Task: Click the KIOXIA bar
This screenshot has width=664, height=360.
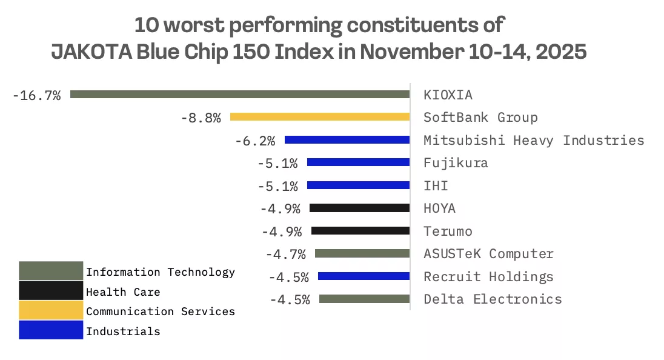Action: tap(240, 95)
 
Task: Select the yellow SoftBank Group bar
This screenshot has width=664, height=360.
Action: tap(320, 117)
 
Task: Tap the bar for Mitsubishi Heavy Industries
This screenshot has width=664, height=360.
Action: tap(347, 140)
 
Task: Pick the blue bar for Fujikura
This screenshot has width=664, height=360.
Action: tap(358, 162)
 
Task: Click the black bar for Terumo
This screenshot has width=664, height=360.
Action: tap(360, 231)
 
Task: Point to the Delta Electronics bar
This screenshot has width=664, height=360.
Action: tap(364, 299)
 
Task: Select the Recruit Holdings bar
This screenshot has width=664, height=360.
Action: tap(364, 276)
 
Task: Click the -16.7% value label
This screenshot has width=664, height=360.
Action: tap(36, 95)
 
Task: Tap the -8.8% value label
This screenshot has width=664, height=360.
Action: tap(201, 118)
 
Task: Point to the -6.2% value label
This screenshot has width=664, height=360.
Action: tap(255, 141)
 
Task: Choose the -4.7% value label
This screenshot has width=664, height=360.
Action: tap(285, 254)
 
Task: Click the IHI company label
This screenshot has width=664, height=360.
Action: tap(436, 185)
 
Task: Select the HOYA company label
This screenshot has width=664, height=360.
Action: tap(440, 208)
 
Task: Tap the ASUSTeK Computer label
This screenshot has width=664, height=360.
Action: tap(488, 254)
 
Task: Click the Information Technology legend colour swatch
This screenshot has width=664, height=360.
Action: tap(51, 271)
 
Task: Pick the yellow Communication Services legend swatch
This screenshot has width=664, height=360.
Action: tap(51, 311)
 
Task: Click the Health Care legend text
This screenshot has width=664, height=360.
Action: tap(123, 292)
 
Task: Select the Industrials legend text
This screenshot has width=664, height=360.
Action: tap(123, 332)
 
